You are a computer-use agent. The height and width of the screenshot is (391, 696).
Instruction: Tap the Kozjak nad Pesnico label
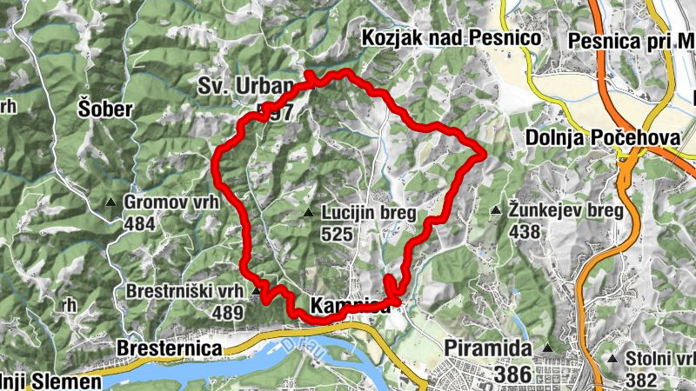452,38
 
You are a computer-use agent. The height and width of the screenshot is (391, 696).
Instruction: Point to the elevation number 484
139,224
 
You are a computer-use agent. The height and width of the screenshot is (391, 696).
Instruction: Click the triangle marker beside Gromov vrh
110,203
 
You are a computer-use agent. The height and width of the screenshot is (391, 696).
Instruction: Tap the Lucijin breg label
369,213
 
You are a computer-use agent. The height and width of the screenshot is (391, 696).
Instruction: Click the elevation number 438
526,232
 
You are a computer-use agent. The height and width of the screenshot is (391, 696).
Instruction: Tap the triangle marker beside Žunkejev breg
496,211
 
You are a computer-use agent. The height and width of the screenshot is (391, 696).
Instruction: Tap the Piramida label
487,348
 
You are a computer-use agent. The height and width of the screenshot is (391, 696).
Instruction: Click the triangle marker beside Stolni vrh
613,358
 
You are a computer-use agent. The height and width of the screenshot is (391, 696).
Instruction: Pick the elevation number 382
642,379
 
